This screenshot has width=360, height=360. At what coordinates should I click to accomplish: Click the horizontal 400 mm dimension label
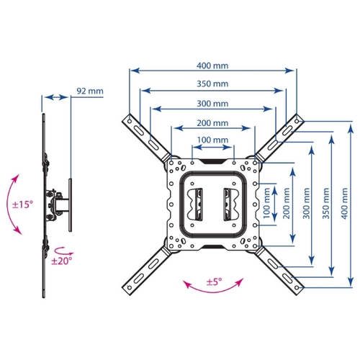point(212,66)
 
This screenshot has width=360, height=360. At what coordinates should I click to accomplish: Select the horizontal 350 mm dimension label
point(212,84)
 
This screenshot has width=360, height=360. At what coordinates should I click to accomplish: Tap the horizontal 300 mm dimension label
point(212,104)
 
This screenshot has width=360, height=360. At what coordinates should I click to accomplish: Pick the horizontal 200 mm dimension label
point(212,123)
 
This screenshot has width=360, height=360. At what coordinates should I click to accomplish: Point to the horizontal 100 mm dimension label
point(212,140)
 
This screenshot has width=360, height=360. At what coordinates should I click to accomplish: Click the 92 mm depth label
point(90,91)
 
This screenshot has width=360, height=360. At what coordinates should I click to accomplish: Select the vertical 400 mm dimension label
point(344,203)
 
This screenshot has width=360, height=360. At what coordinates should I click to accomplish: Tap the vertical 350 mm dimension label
point(325,203)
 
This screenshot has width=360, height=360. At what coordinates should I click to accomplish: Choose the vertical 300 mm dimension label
point(306,203)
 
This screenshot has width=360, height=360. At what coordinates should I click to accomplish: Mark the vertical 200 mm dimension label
point(287,203)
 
